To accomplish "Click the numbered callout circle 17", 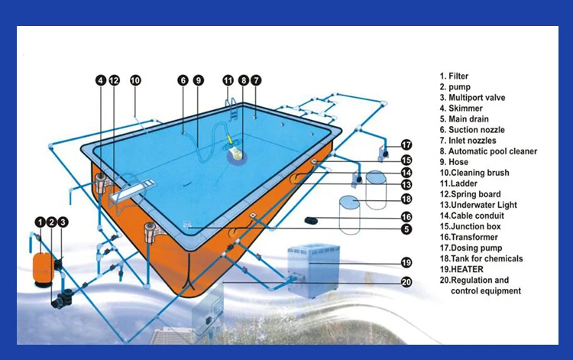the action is tap(406, 144).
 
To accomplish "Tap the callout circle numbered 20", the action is tap(406, 282).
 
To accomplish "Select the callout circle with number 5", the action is tap(406, 229).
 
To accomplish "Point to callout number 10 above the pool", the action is tap(135, 80).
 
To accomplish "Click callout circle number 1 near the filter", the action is tap(40, 222).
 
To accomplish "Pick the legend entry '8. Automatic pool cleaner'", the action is tap(488, 151).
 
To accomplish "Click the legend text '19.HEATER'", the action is tap(461, 269).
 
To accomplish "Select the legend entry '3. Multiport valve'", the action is tap(472, 98).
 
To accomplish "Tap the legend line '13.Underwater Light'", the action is tap(478, 205).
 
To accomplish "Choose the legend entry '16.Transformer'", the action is tap(469, 237).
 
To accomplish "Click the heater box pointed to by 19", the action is tap(313, 271).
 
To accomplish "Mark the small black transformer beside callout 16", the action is tap(312, 220).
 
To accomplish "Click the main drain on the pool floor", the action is tap(187, 224).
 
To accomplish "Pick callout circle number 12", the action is tap(114, 80).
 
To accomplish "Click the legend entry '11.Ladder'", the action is tap(458, 183).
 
